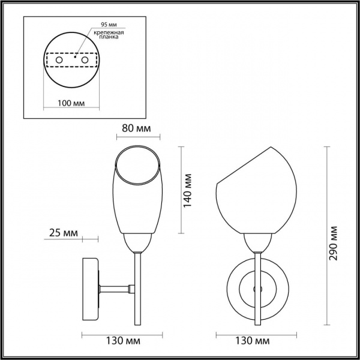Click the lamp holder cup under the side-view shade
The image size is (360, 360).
pyautogui.click(x=138, y=243)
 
